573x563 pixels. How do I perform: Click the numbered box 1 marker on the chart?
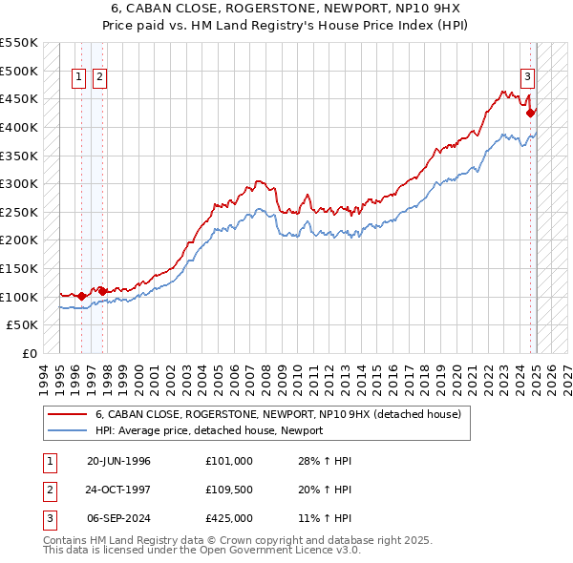click(77, 78)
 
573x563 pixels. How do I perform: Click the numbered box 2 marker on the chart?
click(99, 78)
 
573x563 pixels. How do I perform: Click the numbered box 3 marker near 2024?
click(526, 78)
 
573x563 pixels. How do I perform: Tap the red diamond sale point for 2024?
click(530, 113)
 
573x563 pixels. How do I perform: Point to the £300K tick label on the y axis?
click(19, 183)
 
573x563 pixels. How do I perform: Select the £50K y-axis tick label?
click(23, 325)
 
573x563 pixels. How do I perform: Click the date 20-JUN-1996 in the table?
click(118, 461)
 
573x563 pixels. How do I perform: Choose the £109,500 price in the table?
click(228, 490)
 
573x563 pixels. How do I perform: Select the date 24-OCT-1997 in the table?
click(118, 490)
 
